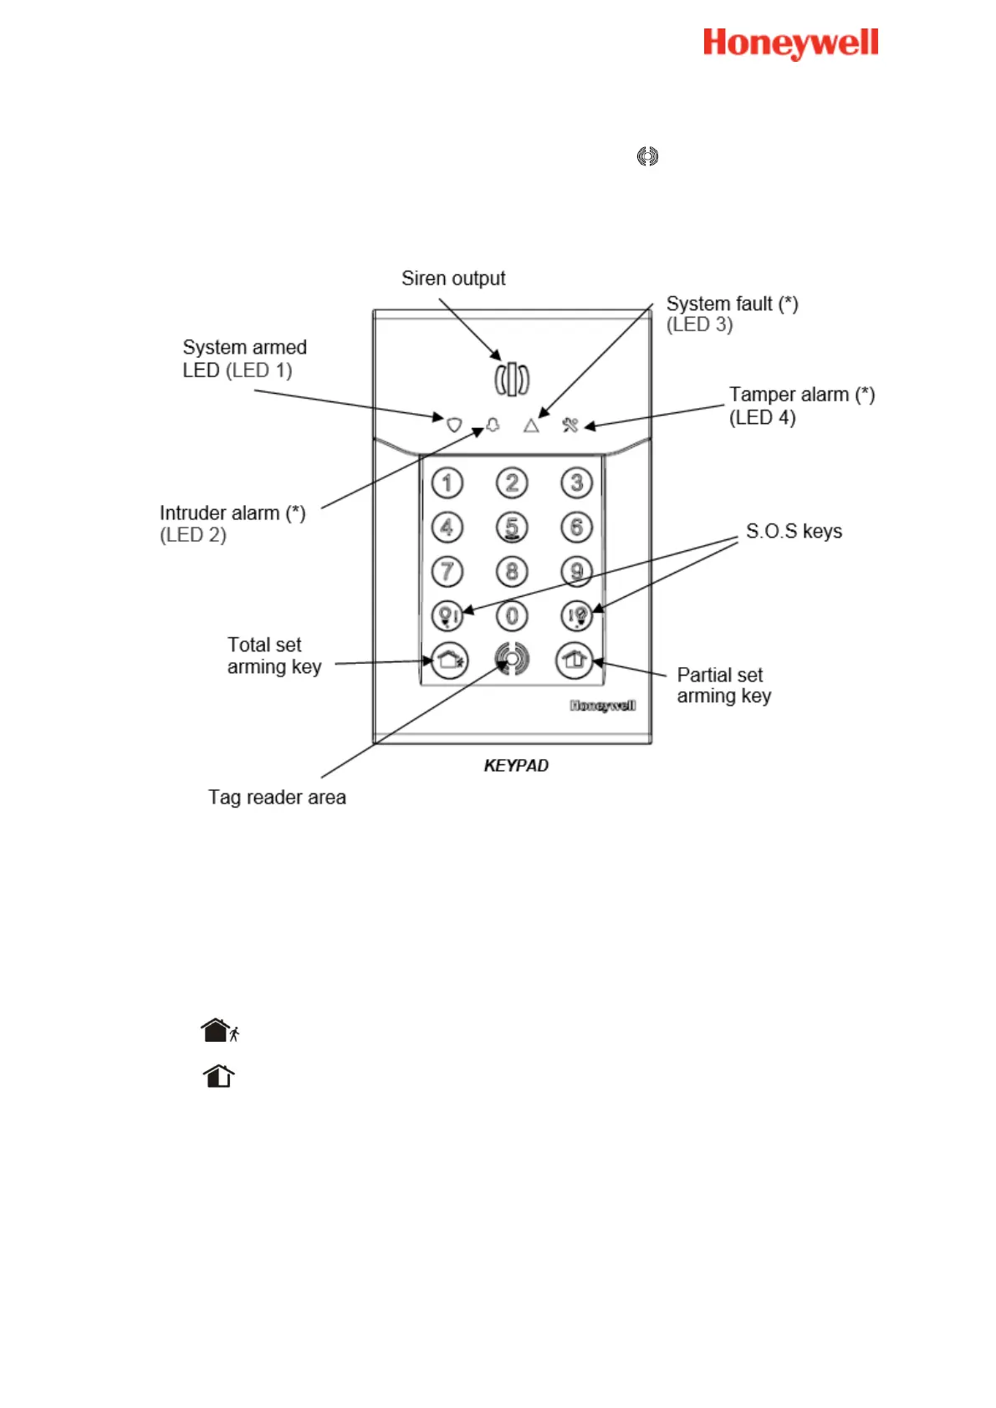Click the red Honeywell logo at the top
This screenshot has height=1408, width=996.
[x=790, y=43]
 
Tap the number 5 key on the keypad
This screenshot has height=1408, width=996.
[x=512, y=527]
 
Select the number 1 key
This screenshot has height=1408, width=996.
[x=447, y=482]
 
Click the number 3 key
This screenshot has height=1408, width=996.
[x=576, y=482]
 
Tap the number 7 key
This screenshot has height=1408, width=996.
[x=447, y=571]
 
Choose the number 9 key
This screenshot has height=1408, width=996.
[x=576, y=571]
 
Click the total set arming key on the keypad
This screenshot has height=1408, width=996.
[x=449, y=661]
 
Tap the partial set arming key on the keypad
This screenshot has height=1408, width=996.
[x=574, y=661]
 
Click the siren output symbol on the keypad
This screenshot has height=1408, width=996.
[x=512, y=379]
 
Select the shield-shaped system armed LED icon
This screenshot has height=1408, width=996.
[x=454, y=425]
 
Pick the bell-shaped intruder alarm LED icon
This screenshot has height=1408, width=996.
[x=493, y=425]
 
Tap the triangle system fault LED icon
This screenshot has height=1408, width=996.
[x=531, y=426]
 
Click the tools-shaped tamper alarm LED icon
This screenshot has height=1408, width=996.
[x=570, y=425]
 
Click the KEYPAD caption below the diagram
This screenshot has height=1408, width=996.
[x=516, y=766]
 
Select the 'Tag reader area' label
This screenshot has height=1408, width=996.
[x=277, y=798]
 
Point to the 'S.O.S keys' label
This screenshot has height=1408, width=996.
[x=794, y=532]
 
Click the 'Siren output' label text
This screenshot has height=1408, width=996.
[x=453, y=278]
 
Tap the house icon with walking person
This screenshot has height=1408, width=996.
[x=220, y=1030]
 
